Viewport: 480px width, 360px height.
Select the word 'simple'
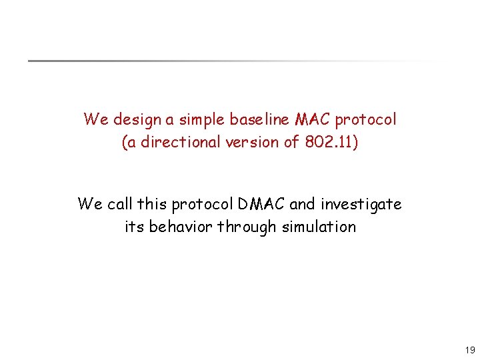(200, 120)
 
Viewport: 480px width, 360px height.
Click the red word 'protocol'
(365, 120)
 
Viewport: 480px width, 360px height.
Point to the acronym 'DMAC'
(261, 204)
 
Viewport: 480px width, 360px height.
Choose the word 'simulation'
(319, 227)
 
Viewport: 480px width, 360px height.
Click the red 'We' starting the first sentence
(95, 120)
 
